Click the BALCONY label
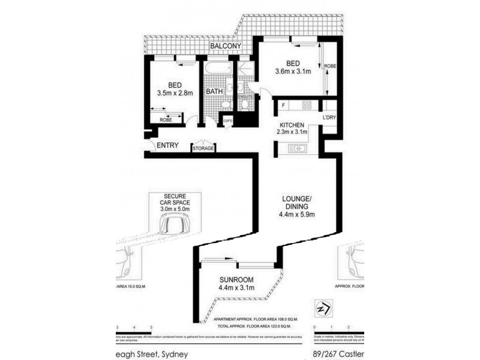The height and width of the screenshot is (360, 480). click(226, 46)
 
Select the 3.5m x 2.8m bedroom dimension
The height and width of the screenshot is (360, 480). click(175, 94)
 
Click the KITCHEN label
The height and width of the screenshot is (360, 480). click(292, 124)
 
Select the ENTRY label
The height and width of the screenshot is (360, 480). click(168, 145)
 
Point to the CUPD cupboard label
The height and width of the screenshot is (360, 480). click(227, 121)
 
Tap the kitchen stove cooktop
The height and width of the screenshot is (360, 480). click(306, 106)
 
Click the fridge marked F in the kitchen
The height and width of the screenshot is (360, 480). click(282, 106)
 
